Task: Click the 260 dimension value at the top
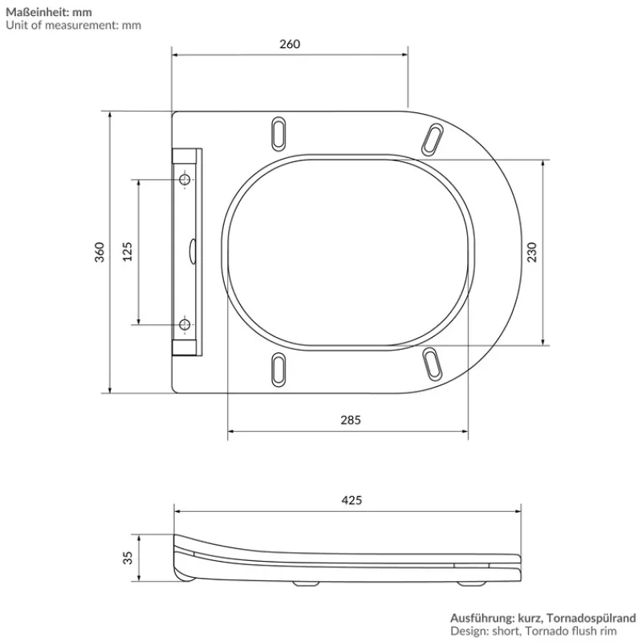tap(290, 44)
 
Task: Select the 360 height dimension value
tap(100, 252)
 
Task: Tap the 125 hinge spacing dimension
tap(127, 252)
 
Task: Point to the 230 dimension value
tap(530, 252)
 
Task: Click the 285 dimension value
tap(351, 419)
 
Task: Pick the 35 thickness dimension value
tap(127, 557)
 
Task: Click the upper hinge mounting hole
tap(185, 181)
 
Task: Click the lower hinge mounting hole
tap(185, 325)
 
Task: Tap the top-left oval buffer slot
tap(278, 132)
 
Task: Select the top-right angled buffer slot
tap(433, 137)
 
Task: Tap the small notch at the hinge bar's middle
tap(193, 250)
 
